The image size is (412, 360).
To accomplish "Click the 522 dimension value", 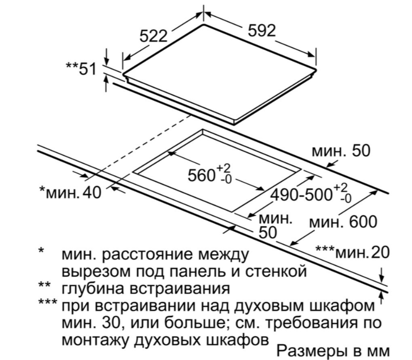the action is tap(153, 36).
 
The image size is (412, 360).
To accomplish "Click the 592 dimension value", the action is tap(262, 31).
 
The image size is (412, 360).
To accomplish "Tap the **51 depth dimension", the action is tap(81, 69).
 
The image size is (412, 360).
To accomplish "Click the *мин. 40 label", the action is tap(70, 192).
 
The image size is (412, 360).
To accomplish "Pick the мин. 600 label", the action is tap(343, 222).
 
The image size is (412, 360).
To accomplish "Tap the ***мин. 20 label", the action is tap(353, 252).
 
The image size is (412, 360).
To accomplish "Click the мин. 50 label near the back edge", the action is tap(341, 151).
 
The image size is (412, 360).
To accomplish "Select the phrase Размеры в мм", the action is tap(333, 351).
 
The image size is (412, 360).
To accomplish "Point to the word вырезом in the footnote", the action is tap(96, 272).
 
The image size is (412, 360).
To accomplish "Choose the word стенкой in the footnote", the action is tap(276, 271).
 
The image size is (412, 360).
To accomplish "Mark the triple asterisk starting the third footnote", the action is tap(47, 302).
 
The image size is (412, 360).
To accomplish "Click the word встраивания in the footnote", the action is tap(180, 289).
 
